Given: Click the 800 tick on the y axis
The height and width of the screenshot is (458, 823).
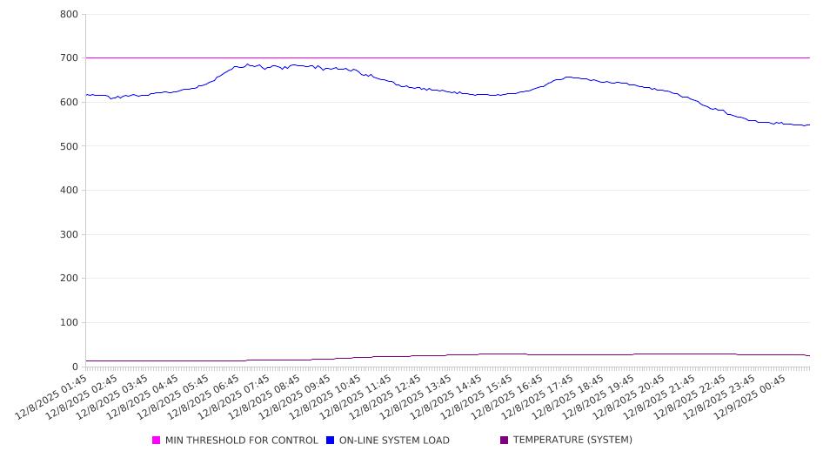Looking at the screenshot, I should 69,14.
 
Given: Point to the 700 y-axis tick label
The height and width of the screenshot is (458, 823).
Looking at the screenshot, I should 69,58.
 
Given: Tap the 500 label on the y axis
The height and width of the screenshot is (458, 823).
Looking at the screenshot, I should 69,146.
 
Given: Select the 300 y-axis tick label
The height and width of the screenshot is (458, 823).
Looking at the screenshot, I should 69,234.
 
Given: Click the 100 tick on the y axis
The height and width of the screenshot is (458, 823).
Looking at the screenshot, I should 69,323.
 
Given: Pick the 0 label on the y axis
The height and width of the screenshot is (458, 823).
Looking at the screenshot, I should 75,367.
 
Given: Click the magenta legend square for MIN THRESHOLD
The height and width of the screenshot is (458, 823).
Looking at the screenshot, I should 157,441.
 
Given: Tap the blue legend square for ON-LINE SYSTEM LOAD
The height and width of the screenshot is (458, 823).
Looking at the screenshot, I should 331,441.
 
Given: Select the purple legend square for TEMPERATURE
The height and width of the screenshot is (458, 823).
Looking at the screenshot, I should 505,441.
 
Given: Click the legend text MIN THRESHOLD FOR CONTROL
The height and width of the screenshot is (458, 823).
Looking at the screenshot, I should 241,441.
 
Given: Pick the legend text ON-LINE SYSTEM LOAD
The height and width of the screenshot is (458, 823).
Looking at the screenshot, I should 394,441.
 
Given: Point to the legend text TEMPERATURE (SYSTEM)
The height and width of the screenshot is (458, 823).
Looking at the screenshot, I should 572,441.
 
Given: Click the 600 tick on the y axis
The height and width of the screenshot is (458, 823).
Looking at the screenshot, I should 69,103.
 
